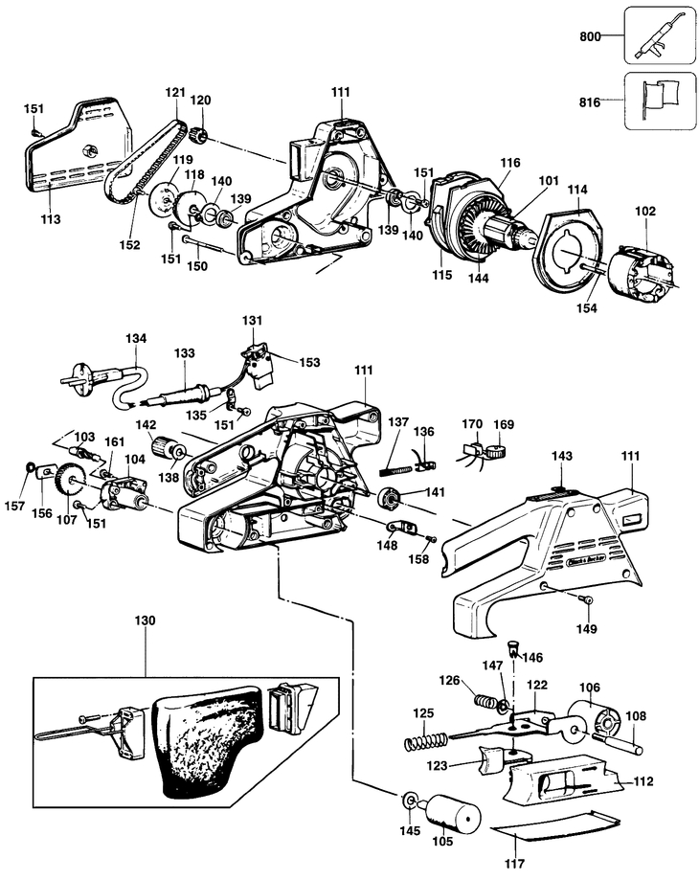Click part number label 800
pos(590,36)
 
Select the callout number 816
pos(590,102)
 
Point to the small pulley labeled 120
pos(200,134)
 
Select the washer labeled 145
pos(410,800)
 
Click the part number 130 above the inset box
pos(145,621)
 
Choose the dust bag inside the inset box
pos(207,739)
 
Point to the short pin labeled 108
pos(621,742)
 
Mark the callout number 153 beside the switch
pos(309,363)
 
